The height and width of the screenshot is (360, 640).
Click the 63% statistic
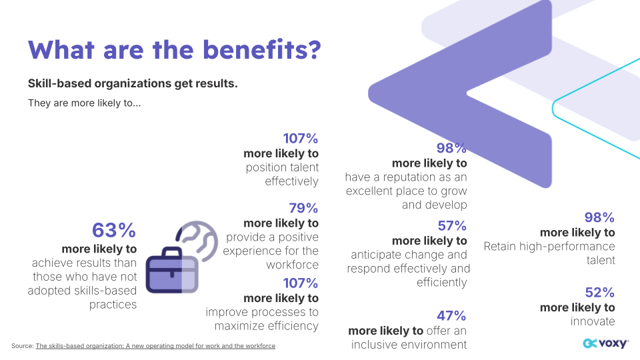point(114,231)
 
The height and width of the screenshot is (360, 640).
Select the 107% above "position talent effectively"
point(301,139)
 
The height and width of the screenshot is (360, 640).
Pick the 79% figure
point(303,208)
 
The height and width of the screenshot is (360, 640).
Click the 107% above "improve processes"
point(301,283)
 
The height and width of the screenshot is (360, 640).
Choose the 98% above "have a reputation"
point(451,148)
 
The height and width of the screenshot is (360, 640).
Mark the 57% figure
point(452,226)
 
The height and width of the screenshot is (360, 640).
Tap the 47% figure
point(451,316)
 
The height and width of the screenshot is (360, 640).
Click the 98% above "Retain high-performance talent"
point(599,217)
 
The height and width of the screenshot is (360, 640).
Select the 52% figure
point(599,293)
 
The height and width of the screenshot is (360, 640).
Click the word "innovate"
point(593,321)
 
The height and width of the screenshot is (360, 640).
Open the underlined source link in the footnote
point(155,346)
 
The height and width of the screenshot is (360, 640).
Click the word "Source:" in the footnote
point(22,346)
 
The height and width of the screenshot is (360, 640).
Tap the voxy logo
point(605,343)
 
